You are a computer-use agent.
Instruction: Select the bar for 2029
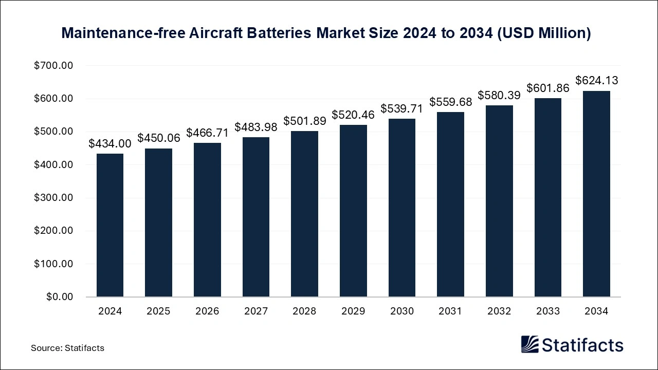[x=353, y=211]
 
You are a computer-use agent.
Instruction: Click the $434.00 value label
[x=110, y=144]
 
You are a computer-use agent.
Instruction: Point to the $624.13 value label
[x=596, y=81]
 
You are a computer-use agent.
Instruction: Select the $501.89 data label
[x=304, y=121]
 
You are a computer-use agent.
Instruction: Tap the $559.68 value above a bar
[x=450, y=102]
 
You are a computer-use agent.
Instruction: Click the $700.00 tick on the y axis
[x=54, y=66]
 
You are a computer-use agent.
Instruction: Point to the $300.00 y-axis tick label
[x=54, y=198]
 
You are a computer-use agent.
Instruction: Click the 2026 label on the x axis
[x=207, y=311]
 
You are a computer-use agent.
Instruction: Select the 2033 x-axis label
[x=547, y=311]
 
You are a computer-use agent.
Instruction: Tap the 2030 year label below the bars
[x=401, y=311]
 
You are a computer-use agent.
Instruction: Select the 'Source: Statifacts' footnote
[x=67, y=348]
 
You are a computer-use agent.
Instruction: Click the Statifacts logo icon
[x=529, y=344]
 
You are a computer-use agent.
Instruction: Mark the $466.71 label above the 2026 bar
[x=207, y=133]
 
